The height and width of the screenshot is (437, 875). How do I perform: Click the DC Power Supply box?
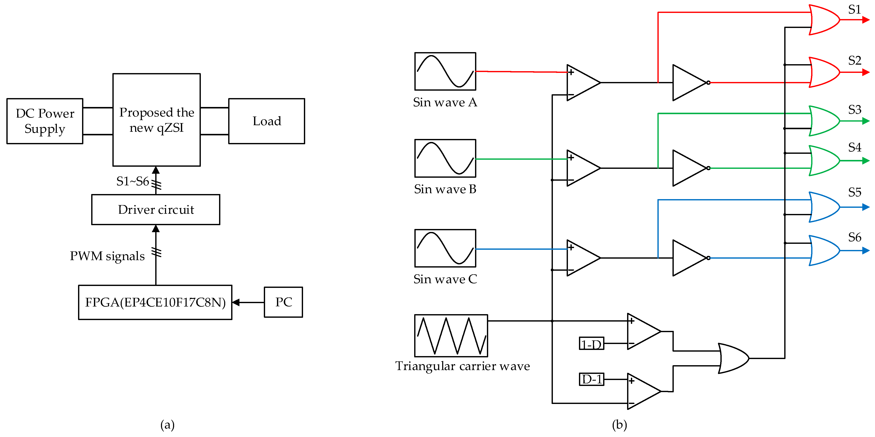tap(45, 121)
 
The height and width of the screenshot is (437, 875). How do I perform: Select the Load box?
tap(267, 121)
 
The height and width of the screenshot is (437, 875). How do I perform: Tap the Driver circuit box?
tap(156, 210)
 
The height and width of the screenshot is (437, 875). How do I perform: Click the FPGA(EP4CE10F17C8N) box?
tap(155, 302)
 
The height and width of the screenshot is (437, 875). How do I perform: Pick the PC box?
tap(283, 302)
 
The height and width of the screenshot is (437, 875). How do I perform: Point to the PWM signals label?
tap(107, 256)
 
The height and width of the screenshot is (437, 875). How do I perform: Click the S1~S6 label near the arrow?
tap(133, 182)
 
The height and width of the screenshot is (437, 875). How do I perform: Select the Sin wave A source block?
tap(445, 71)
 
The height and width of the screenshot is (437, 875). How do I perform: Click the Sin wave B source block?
tap(445, 158)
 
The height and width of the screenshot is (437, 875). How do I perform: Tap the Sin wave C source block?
tap(445, 248)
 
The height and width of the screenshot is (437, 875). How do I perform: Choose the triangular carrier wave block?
tap(451, 336)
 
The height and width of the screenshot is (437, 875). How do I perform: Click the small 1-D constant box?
tap(591, 344)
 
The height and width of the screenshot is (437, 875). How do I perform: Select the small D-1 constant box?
tap(591, 379)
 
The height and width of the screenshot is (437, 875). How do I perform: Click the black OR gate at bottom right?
tap(734, 358)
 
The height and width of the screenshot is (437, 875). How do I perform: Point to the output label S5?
tap(855, 192)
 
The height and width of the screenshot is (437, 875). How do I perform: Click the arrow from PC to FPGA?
tap(248, 302)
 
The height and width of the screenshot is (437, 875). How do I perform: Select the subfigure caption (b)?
tap(619, 425)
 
